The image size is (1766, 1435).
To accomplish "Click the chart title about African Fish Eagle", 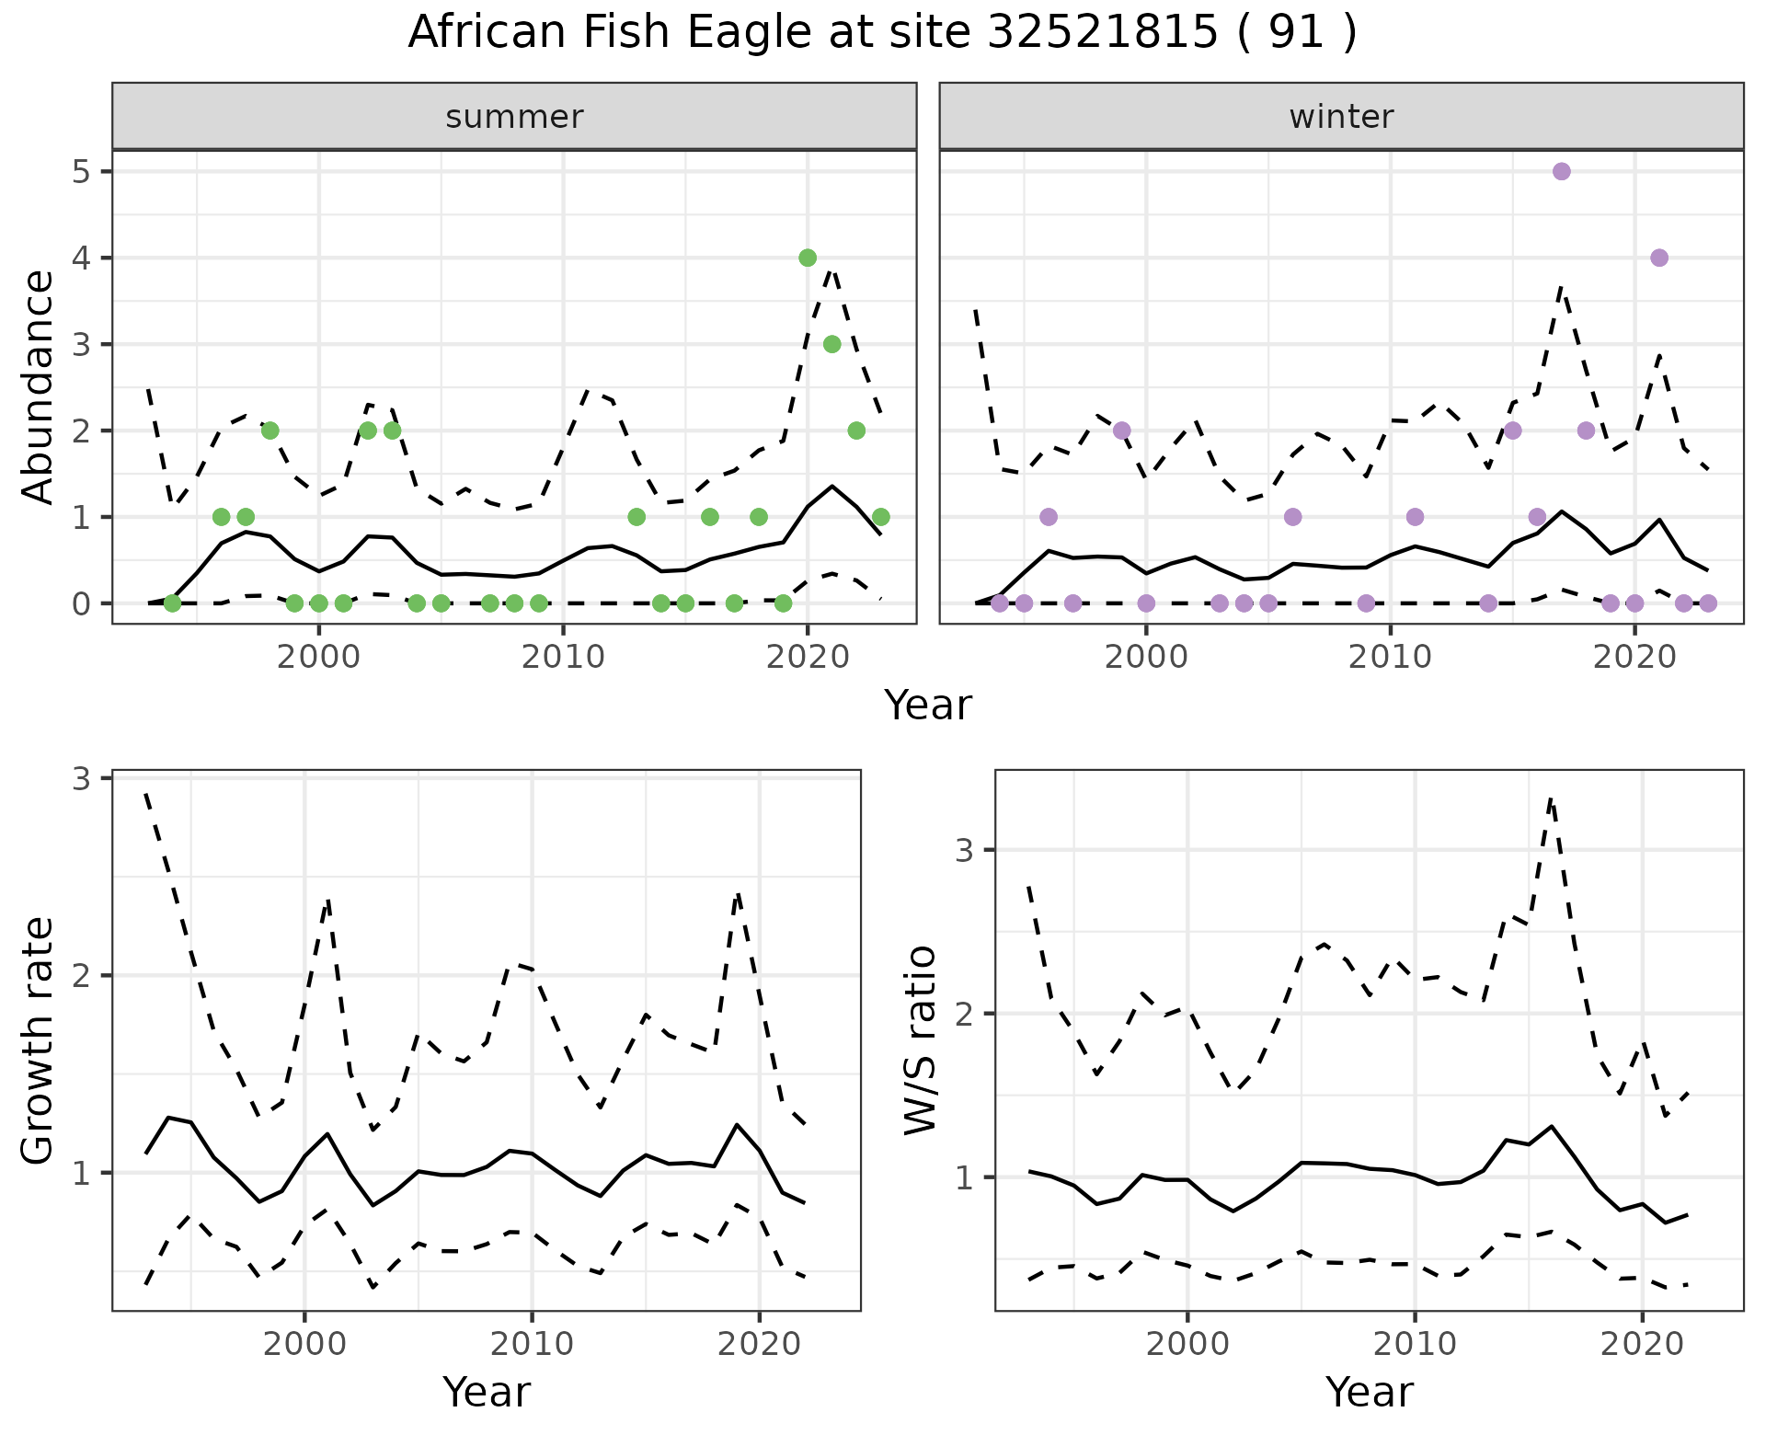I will point(882,33).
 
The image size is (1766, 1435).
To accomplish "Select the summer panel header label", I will point(514,117).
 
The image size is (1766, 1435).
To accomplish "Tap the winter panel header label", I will point(1341,117).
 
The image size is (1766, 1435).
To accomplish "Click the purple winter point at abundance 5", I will point(1561,172).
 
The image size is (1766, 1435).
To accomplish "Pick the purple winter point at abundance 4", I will point(1659,258).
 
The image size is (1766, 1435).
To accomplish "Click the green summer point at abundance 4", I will point(808,258).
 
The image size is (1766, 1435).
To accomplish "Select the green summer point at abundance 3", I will point(831,344).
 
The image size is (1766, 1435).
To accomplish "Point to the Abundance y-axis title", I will point(39,386).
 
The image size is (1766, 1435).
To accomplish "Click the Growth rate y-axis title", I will point(39,1040).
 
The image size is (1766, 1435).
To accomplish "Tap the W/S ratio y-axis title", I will point(921,1040).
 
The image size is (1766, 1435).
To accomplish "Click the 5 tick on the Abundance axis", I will point(80,172).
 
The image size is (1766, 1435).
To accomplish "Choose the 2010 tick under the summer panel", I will point(563,657).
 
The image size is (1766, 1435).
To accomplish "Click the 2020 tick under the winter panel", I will point(1634,657).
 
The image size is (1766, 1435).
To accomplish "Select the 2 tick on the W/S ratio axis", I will point(963,1014).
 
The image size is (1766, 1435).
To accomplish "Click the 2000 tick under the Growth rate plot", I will point(304,1344).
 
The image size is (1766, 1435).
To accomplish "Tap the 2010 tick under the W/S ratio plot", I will point(1415,1344).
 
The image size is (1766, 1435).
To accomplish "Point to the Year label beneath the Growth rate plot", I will point(486,1392).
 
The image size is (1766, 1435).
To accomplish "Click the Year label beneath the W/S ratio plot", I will point(1369,1392).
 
